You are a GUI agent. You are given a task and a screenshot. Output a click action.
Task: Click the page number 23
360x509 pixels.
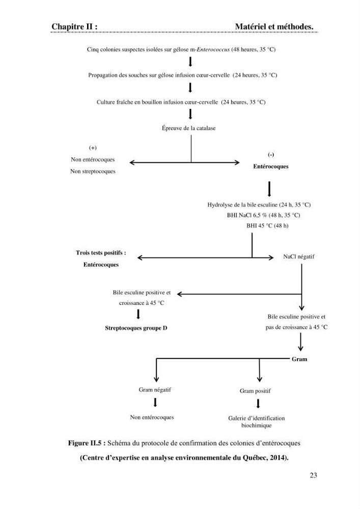[x=313, y=475]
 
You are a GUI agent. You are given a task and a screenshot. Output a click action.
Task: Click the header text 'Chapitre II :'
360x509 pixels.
[x=74, y=26]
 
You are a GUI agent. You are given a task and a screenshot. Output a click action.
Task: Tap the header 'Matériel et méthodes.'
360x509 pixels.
[x=274, y=26]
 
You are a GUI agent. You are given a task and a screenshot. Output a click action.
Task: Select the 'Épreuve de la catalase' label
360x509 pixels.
[x=188, y=128]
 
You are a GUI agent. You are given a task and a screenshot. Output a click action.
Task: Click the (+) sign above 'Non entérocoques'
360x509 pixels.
[x=93, y=148]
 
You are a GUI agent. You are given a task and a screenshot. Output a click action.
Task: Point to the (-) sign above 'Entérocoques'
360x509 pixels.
[x=271, y=155]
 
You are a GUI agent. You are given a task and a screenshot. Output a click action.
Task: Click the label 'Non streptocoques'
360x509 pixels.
[x=93, y=172]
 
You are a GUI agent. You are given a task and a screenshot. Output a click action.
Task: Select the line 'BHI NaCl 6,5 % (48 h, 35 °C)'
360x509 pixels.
[x=263, y=215]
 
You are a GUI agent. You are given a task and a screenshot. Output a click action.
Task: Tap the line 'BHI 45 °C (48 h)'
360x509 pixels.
[x=267, y=225]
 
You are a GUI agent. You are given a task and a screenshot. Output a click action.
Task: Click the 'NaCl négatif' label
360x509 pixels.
[x=299, y=257]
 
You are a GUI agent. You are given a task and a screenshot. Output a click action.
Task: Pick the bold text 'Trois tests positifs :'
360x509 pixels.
[x=101, y=253]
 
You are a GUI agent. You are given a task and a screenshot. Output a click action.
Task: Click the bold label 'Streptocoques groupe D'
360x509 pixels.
[x=136, y=328]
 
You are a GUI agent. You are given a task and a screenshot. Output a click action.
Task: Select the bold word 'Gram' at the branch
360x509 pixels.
[x=299, y=359]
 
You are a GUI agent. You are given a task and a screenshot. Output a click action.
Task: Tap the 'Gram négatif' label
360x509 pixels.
[x=155, y=390]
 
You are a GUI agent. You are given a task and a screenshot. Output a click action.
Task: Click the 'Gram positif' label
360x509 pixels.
[x=255, y=391]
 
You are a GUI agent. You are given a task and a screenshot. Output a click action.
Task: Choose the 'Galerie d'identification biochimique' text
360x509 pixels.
[x=257, y=421]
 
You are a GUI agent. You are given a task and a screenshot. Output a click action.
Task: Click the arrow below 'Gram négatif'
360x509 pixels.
[x=155, y=403]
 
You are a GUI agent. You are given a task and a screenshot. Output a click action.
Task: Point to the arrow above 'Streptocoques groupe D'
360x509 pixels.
[x=139, y=314]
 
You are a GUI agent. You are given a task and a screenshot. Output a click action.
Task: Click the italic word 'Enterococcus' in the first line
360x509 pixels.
[x=213, y=50]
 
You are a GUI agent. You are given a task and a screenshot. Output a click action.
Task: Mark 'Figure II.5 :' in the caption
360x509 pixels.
[x=87, y=443]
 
